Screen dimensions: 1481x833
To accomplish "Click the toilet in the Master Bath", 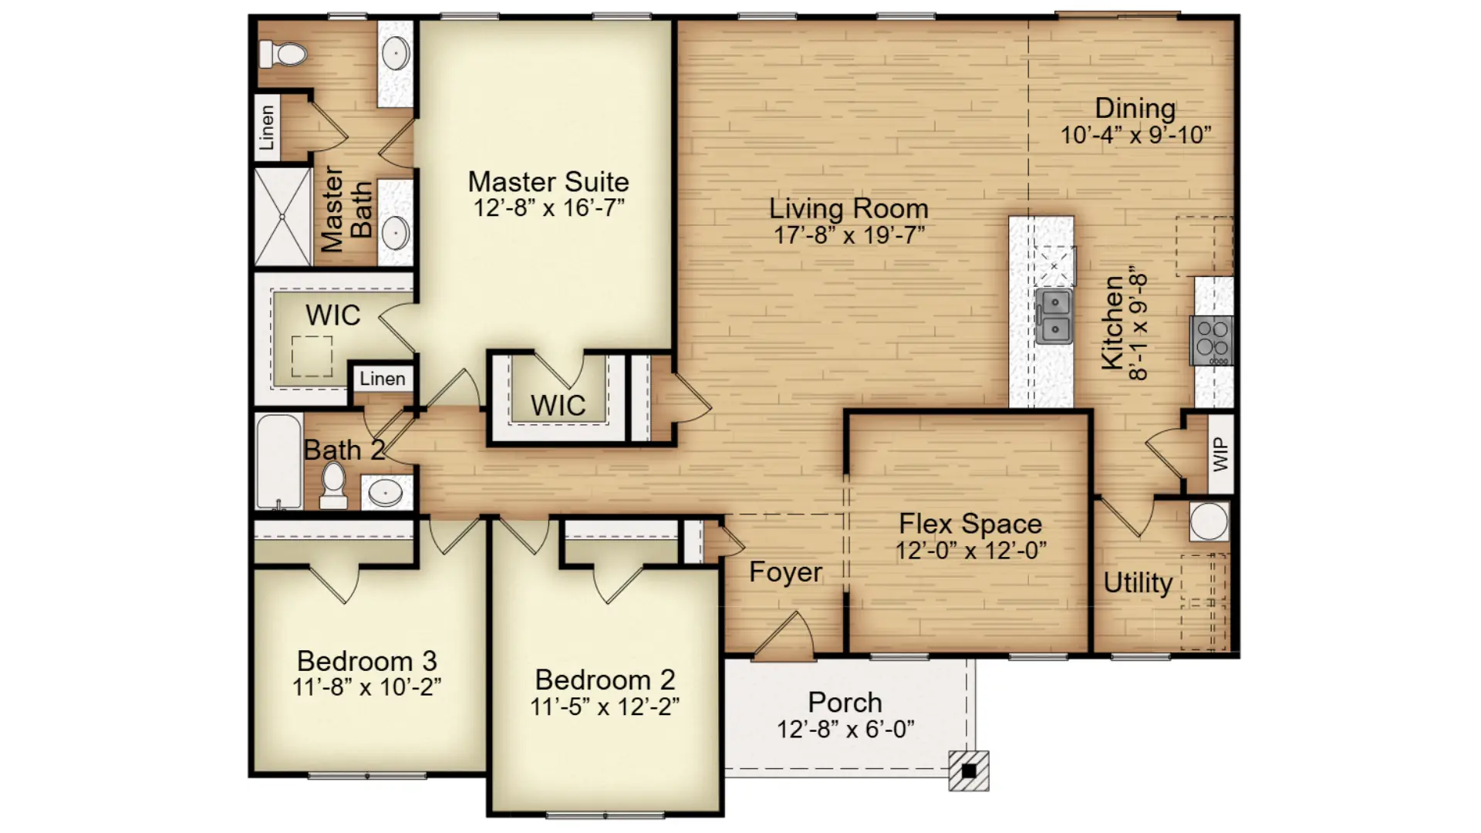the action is (x=282, y=54).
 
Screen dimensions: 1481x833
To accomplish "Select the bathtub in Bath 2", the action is (x=278, y=461).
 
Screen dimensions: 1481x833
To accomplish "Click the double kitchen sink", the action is (x=1054, y=316).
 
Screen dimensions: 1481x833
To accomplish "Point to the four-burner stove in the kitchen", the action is (x=1212, y=340).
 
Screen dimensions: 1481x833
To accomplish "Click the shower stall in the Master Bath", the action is (x=283, y=217).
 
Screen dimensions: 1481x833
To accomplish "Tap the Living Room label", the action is (x=848, y=208).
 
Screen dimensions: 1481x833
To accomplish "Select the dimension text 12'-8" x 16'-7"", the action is (x=548, y=207).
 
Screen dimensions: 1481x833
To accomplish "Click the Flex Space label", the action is (x=970, y=524).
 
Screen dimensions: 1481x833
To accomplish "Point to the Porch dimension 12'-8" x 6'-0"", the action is (x=845, y=729).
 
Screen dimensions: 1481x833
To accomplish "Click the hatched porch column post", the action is (x=969, y=771).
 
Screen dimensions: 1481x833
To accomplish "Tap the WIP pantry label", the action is (x=1220, y=454).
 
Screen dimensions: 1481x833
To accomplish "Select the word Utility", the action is (x=1138, y=582).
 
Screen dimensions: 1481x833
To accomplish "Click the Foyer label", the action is (x=785, y=572).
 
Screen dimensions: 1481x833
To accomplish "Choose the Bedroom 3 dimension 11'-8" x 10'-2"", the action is (x=366, y=686).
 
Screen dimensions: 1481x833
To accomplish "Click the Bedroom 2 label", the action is (x=605, y=680).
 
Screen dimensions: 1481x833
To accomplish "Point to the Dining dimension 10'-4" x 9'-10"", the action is (x=1135, y=135).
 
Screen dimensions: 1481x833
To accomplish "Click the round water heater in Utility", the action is (x=1209, y=521).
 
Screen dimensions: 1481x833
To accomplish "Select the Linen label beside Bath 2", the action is (x=382, y=379).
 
